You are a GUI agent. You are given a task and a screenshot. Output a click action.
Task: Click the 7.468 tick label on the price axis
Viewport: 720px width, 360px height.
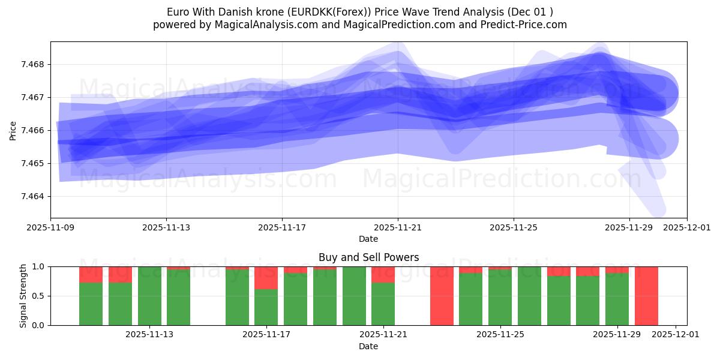click(x=35, y=65)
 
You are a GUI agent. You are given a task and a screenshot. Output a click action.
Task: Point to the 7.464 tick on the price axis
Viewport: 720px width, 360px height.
click(x=35, y=197)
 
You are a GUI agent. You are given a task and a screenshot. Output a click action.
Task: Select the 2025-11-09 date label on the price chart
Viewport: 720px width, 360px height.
click(x=50, y=228)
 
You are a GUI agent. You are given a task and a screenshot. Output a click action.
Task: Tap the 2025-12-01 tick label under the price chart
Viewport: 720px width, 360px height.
click(x=687, y=228)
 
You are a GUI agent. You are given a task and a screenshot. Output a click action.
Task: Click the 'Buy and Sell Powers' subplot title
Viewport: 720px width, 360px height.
click(x=368, y=257)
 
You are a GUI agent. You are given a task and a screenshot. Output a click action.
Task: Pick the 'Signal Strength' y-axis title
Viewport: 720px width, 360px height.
click(x=23, y=296)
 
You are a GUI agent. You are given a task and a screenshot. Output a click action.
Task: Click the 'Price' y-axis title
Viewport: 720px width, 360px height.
click(x=13, y=130)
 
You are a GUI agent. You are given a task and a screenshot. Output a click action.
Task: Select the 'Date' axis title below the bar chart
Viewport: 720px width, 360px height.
click(x=368, y=346)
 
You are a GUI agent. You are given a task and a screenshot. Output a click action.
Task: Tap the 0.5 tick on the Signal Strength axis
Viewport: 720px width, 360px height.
click(x=38, y=296)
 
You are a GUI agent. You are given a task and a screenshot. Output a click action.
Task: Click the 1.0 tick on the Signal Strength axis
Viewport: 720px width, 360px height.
click(x=38, y=266)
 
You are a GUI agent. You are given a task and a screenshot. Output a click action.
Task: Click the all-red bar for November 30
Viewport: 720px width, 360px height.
click(x=646, y=296)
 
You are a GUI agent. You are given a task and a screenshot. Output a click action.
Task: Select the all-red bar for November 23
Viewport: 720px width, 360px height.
click(x=442, y=296)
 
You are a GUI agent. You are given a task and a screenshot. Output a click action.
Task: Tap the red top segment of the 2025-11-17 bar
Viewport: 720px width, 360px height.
click(x=266, y=278)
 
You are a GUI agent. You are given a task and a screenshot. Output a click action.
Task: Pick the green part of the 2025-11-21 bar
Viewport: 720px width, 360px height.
click(x=383, y=304)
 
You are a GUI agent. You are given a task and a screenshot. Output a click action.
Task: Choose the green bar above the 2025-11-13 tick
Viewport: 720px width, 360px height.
click(x=149, y=296)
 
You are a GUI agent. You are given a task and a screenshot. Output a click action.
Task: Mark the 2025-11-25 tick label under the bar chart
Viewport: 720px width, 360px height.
click(x=500, y=334)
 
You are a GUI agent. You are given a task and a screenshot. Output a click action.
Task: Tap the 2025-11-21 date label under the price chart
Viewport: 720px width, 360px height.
click(x=398, y=228)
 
